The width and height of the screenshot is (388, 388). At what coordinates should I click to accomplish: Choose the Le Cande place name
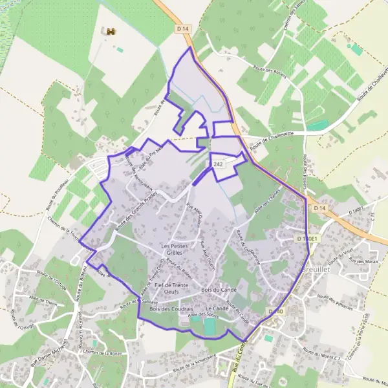pyautogui.click(x=218, y=309)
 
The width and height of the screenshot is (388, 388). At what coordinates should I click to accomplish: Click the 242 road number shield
pyautogui.click(x=218, y=166)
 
